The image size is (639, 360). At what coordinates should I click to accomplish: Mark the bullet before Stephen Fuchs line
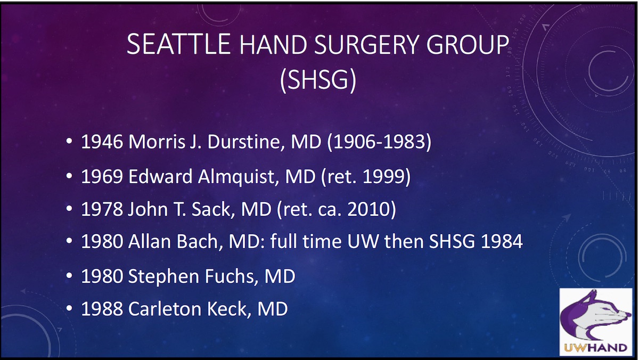click(70, 277)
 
